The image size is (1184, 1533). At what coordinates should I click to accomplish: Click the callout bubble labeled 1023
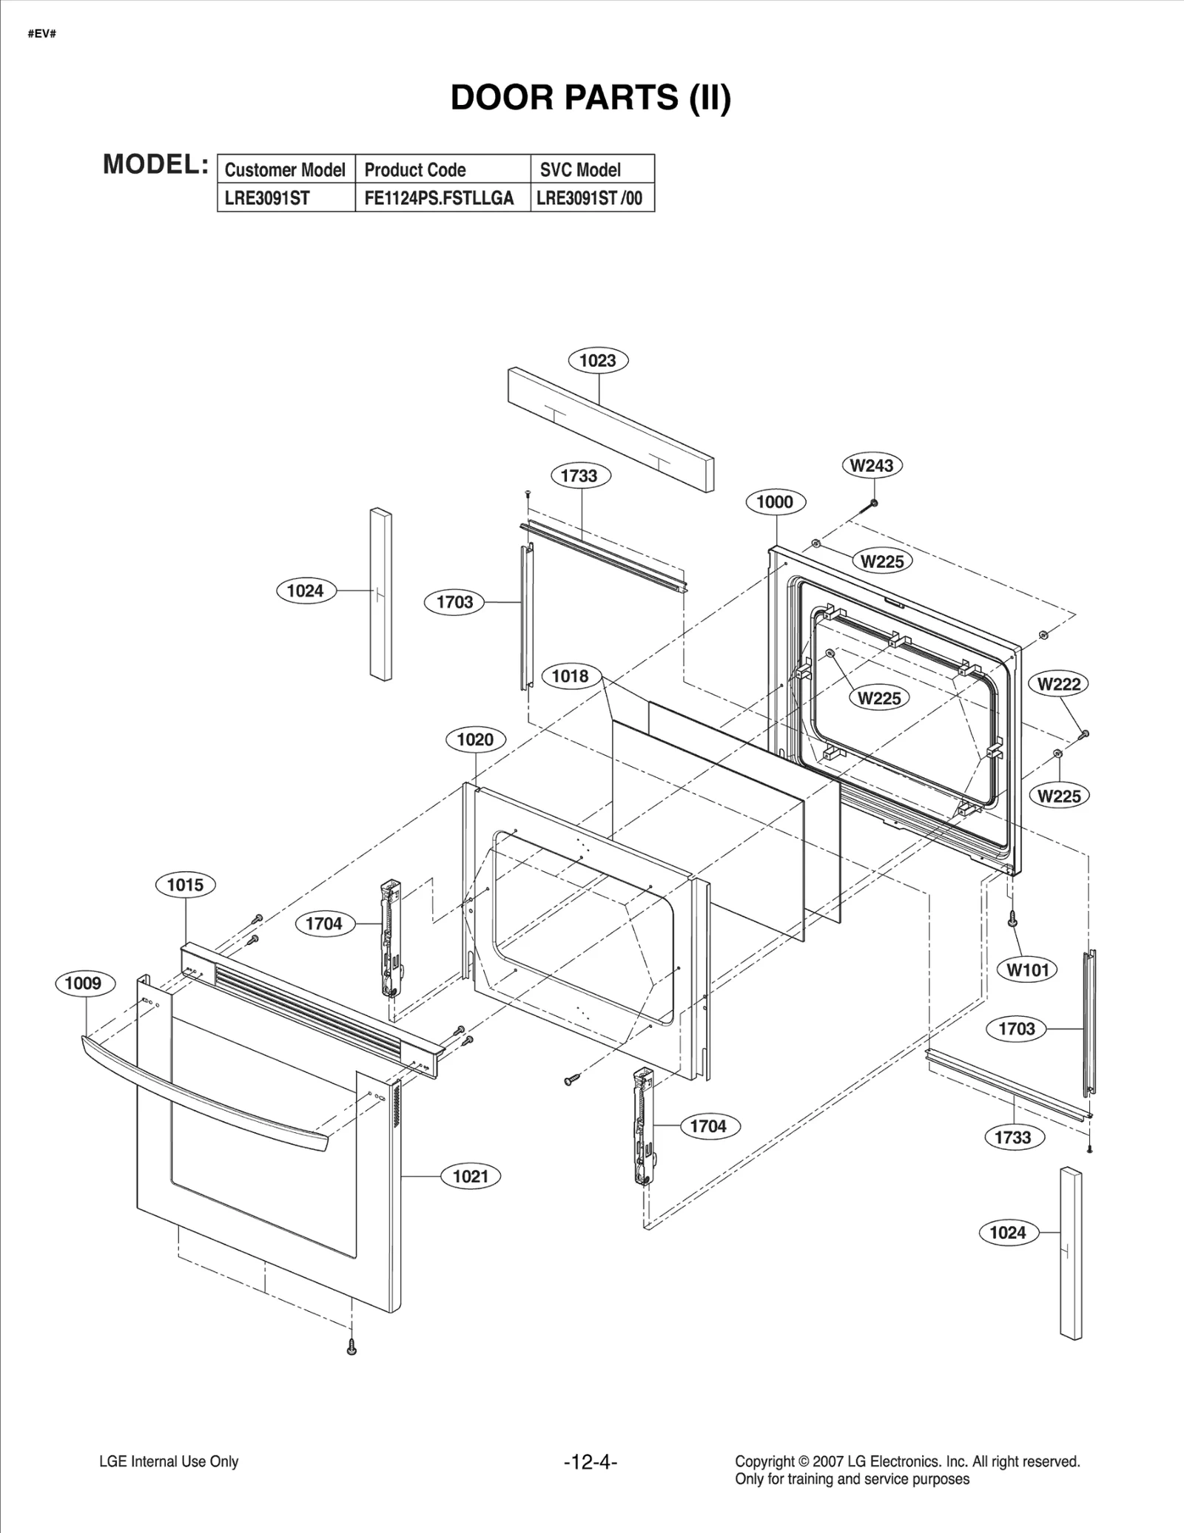(598, 361)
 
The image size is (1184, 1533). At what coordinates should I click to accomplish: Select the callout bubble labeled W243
(872, 466)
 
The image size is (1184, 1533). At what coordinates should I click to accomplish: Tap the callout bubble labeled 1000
(775, 502)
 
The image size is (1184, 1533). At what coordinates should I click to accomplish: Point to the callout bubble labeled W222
(1059, 684)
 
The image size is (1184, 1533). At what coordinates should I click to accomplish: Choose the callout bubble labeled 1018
(570, 676)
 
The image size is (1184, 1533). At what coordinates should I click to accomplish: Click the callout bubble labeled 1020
(475, 740)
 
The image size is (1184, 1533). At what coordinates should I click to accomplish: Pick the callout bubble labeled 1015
(185, 885)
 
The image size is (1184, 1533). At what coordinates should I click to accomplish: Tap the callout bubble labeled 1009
(84, 984)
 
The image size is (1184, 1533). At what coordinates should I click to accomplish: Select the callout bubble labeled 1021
(471, 1177)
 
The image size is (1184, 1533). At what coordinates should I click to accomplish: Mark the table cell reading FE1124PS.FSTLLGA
(439, 198)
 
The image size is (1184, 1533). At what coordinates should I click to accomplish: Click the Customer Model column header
(285, 170)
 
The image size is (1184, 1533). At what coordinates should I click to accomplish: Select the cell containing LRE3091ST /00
(590, 198)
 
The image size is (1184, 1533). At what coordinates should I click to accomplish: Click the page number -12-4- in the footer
(591, 1462)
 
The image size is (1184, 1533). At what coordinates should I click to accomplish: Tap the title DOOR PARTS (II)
(591, 98)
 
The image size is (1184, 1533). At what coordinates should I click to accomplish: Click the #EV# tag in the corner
(42, 35)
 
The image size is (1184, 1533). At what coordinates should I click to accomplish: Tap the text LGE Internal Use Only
(169, 1462)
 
